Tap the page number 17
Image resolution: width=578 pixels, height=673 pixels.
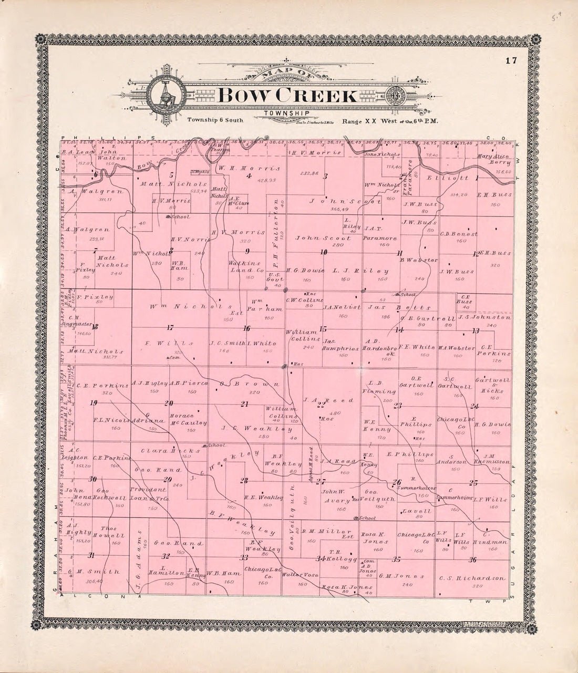coord(511,60)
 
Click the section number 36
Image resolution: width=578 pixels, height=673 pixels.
coord(473,559)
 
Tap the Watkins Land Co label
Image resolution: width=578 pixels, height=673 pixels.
coord(247,266)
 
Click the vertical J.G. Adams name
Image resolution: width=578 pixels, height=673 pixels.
coord(139,552)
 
